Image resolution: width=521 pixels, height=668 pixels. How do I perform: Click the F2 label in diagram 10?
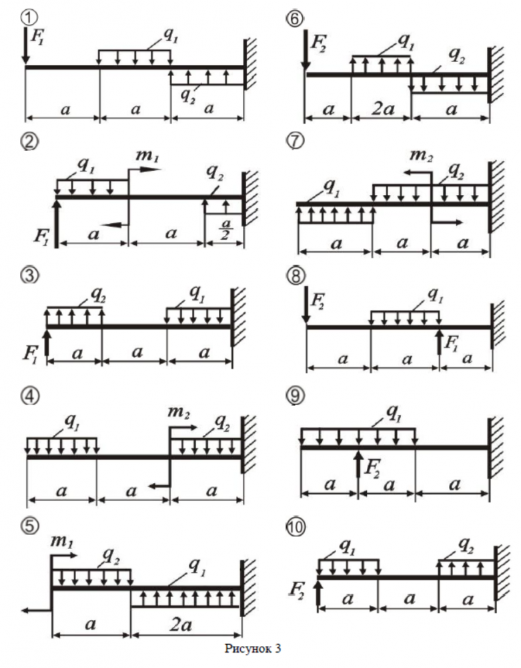point(300,589)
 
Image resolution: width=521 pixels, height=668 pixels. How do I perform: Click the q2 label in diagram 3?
point(98,294)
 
